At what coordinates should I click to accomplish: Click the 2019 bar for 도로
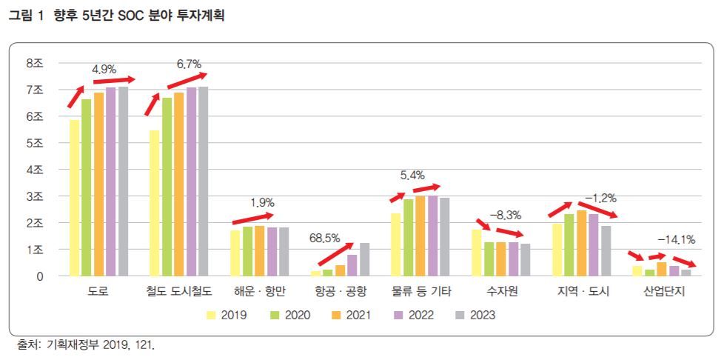74,198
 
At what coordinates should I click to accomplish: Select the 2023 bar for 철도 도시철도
204,181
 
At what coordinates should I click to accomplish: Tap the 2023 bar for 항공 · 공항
364,259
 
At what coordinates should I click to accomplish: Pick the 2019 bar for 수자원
477,253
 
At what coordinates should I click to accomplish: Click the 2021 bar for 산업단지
662,269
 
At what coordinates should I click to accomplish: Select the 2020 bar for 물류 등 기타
409,238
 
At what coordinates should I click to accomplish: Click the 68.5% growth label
325,239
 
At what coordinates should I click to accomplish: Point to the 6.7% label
189,64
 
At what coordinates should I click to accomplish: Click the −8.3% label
506,216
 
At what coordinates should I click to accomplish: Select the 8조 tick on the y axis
35,64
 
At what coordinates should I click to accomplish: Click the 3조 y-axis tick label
35,196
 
